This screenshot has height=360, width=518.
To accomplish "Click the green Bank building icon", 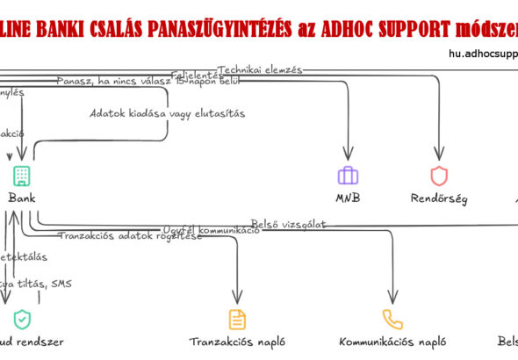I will (22, 175).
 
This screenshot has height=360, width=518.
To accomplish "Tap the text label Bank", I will (22, 198).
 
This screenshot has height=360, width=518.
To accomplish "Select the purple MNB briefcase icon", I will (349, 175).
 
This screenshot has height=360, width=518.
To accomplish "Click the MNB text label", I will (349, 198).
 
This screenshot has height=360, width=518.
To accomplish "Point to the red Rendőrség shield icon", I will (439, 175).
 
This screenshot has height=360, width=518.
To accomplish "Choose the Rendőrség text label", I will (439, 198).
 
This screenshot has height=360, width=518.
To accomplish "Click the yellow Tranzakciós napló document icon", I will (237, 319).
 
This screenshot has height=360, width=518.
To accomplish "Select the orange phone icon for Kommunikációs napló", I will (392, 319).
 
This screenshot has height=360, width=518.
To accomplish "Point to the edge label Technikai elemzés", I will (260, 69).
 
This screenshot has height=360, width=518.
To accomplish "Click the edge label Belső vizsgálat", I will (288, 225).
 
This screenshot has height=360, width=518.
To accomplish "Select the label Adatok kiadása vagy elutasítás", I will (167, 113).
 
